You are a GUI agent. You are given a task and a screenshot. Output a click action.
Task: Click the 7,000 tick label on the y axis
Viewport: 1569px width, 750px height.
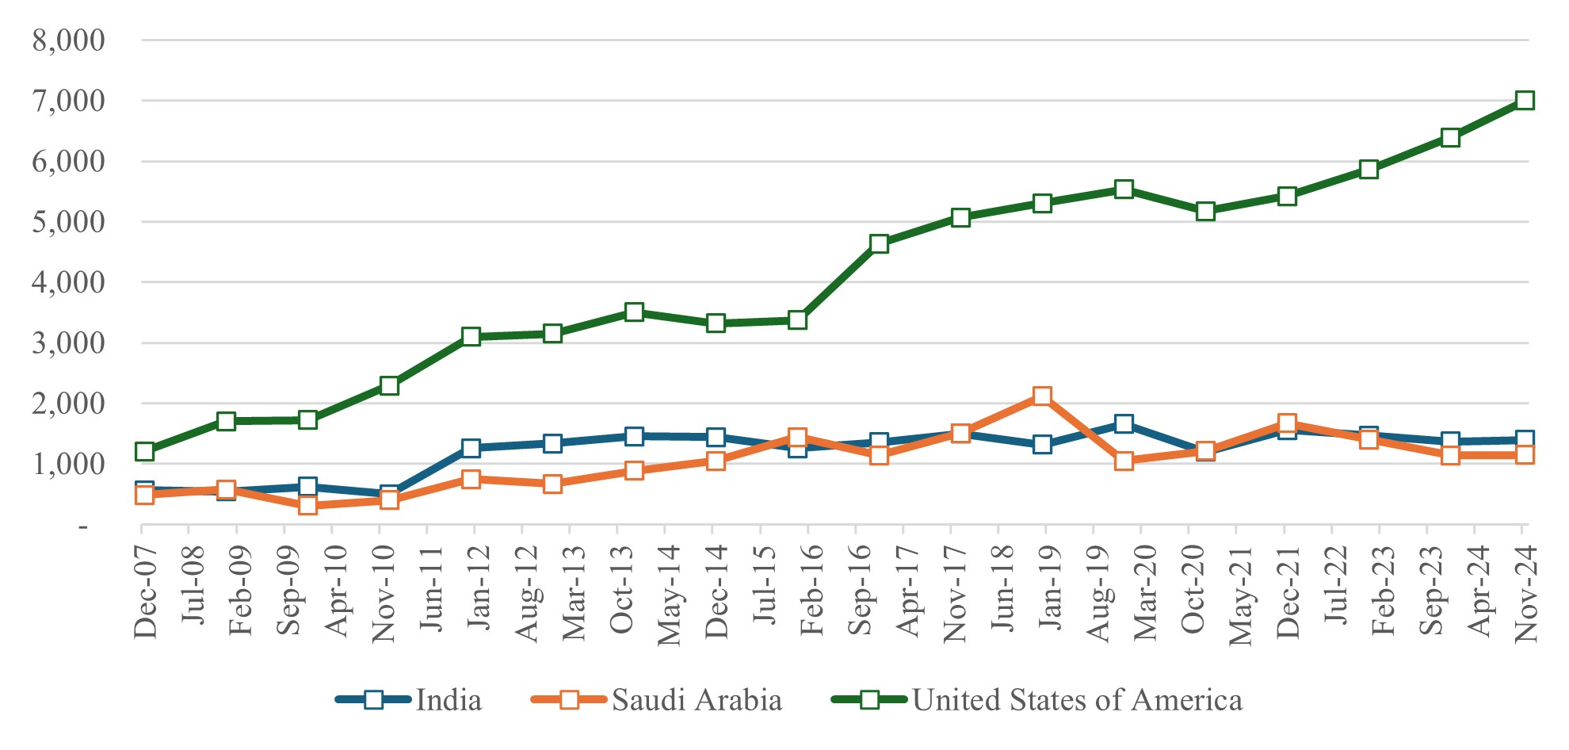(x=68, y=101)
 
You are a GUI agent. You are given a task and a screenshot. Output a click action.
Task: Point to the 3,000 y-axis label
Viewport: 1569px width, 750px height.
(x=68, y=343)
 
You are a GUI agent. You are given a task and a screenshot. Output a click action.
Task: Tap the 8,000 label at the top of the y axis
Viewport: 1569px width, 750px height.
(x=68, y=40)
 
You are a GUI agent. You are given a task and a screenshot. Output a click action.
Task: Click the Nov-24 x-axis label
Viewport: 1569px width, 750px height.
(x=1525, y=593)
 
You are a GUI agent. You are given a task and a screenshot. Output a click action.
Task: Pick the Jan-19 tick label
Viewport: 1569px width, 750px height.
(x=1049, y=589)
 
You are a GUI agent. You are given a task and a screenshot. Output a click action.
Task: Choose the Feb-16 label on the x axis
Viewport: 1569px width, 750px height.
(x=811, y=591)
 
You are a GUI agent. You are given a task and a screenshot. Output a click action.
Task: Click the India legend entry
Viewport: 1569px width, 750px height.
(x=448, y=700)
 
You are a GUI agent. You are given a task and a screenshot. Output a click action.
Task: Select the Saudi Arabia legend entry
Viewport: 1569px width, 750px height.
(x=696, y=700)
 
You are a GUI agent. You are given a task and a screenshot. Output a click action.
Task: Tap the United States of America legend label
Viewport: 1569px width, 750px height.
(x=1076, y=700)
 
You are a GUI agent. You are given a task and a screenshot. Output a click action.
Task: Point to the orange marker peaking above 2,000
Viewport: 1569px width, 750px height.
(x=1042, y=396)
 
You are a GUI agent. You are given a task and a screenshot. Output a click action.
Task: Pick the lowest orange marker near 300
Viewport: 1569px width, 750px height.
(x=308, y=505)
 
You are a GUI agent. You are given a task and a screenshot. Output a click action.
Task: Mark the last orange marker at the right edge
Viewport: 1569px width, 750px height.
(x=1525, y=454)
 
